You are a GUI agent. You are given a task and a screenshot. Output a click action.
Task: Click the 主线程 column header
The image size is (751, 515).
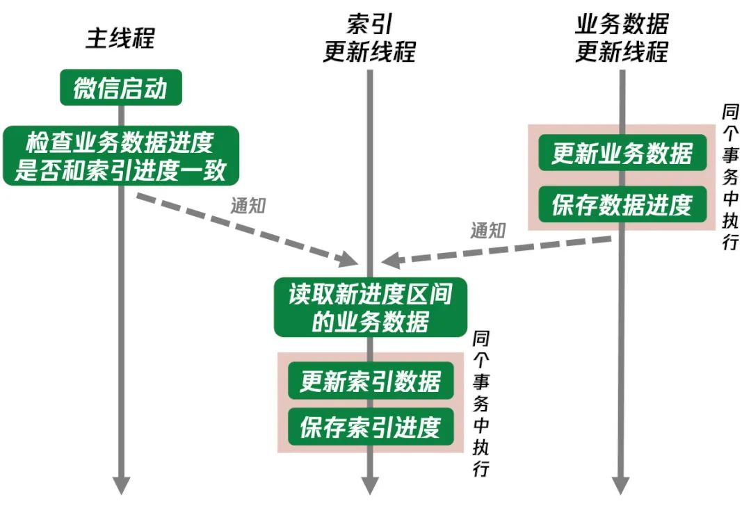coord(120,38)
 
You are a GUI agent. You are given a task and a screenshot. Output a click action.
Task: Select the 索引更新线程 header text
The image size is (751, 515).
coord(369,39)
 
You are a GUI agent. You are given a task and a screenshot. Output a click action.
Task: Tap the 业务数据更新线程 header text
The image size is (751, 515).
coord(621,39)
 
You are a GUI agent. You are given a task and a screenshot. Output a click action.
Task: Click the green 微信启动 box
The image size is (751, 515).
coord(120,88)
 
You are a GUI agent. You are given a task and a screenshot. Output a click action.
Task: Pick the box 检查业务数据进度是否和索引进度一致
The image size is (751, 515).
coord(120,156)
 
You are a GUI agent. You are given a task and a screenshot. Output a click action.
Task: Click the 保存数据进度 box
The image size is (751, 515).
coord(622,204)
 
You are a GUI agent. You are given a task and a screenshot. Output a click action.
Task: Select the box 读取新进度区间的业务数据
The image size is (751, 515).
coord(370,307)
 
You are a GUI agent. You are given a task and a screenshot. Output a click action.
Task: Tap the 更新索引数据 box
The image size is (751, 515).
coord(370,382)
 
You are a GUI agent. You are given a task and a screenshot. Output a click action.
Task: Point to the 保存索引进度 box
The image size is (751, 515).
coord(370,427)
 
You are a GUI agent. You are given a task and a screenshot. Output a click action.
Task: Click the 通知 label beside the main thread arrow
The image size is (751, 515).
coord(248,206)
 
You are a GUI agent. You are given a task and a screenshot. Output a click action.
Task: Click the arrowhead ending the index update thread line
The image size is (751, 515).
coord(370,484)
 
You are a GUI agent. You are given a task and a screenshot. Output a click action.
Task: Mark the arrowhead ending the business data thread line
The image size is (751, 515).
coord(622,484)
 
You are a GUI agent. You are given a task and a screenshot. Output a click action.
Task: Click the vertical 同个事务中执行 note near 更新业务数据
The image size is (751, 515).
coord(730,177)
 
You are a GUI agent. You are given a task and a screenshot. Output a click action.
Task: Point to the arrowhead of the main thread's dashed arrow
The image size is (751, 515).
coord(347,259)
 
